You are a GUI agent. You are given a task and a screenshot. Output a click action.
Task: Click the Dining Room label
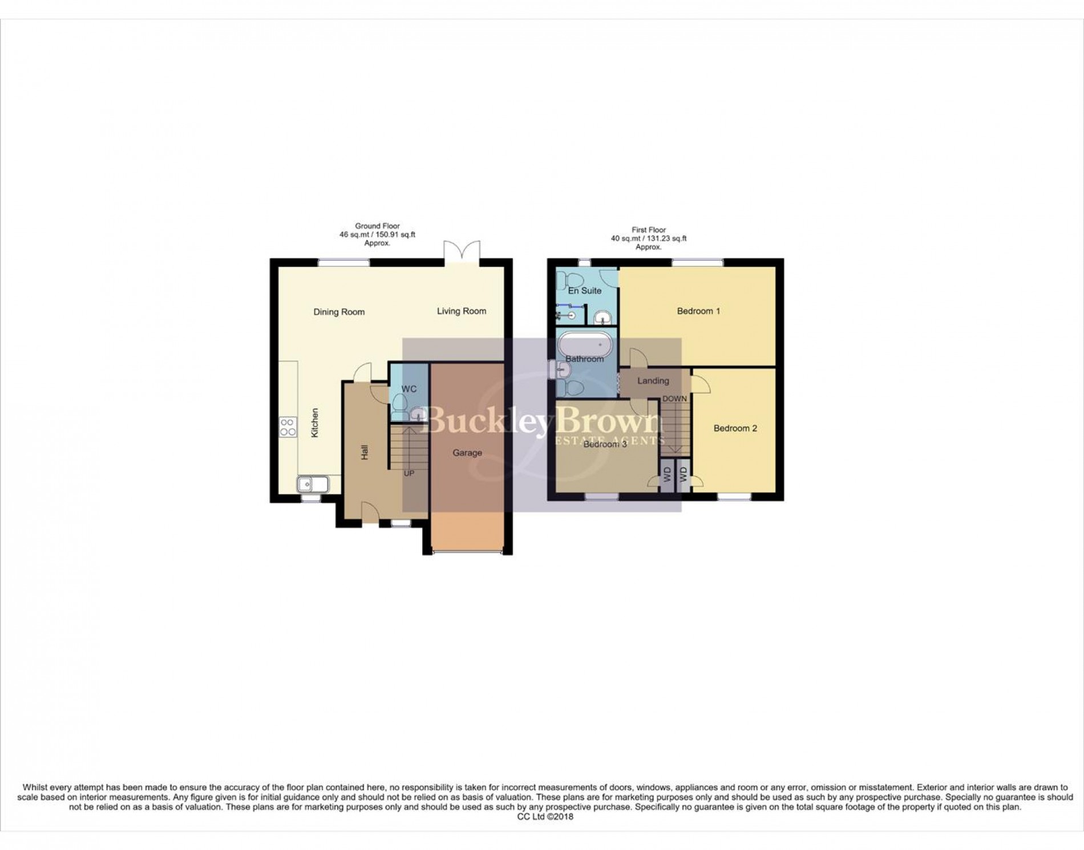(339, 312)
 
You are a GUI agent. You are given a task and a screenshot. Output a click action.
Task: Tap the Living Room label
(462, 311)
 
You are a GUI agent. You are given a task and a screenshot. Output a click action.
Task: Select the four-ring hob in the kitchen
(288, 427)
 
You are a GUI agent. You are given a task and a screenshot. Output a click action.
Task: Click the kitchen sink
(313, 485)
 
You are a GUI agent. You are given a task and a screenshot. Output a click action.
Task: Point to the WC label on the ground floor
(408, 389)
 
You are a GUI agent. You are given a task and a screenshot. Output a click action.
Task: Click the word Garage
(467, 453)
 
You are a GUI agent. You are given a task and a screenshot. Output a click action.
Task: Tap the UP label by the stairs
(409, 473)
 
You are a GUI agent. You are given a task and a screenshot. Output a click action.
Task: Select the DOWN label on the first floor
(674, 398)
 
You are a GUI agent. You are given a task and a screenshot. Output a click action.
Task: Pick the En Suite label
(585, 291)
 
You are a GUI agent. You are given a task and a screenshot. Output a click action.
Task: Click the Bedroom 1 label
(698, 311)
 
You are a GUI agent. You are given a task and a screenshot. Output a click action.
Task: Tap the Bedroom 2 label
(735, 428)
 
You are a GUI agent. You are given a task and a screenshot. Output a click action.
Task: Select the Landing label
(653, 381)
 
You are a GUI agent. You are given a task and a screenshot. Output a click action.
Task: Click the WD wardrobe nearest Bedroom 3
(666, 474)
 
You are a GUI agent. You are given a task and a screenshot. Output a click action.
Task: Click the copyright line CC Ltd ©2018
(545, 816)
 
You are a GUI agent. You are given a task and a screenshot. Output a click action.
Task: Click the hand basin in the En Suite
(602, 317)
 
